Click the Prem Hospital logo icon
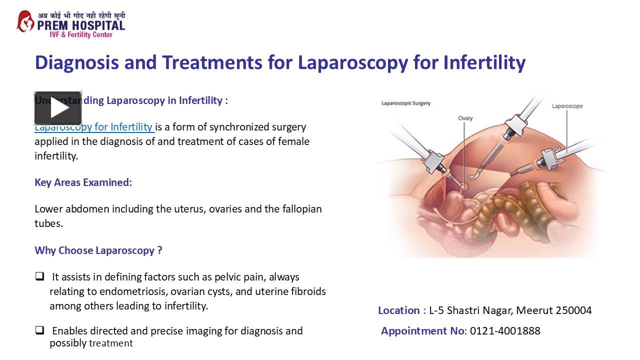point(25,21)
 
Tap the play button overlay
point(58,108)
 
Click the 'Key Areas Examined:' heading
point(83,182)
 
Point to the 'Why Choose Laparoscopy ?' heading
point(98,250)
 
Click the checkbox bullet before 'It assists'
point(39,276)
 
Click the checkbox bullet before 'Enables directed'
point(39,330)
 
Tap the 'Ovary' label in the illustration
point(465,118)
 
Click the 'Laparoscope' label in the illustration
point(567,106)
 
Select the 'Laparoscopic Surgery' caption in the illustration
point(405,103)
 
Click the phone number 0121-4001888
point(505,331)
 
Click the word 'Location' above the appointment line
point(398,310)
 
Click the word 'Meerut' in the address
point(534,310)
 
